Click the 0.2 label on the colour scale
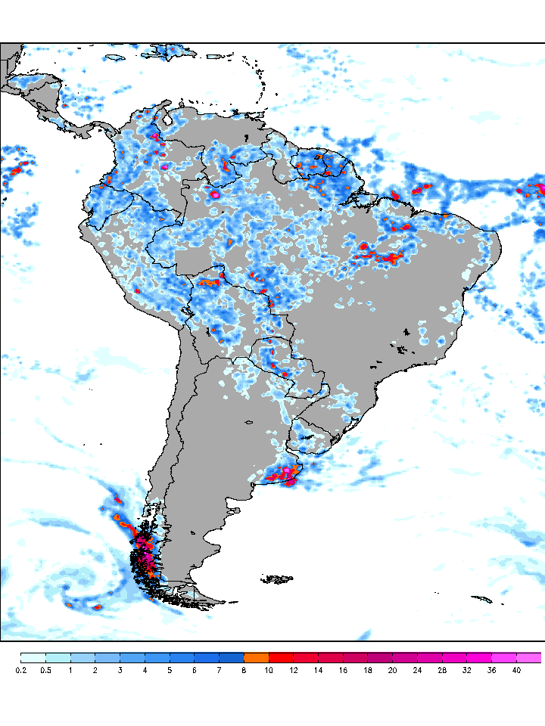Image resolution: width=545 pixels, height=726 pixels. point(20,670)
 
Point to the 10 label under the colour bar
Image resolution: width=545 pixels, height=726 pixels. point(269,670)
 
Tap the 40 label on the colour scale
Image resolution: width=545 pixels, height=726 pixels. point(516,670)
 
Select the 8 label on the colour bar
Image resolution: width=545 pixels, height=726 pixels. point(244,670)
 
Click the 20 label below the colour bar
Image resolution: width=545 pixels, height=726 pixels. point(392,670)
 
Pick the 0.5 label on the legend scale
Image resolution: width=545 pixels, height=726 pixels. point(45,670)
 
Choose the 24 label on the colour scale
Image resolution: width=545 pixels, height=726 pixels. point(417,670)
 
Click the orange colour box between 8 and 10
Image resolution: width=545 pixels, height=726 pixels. point(257,657)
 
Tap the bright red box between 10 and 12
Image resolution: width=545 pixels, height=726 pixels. point(282,657)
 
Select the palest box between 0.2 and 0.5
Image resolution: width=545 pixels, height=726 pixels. point(33,657)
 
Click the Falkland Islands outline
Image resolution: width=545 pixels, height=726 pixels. point(278,580)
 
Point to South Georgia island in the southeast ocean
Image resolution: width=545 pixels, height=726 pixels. point(481,600)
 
